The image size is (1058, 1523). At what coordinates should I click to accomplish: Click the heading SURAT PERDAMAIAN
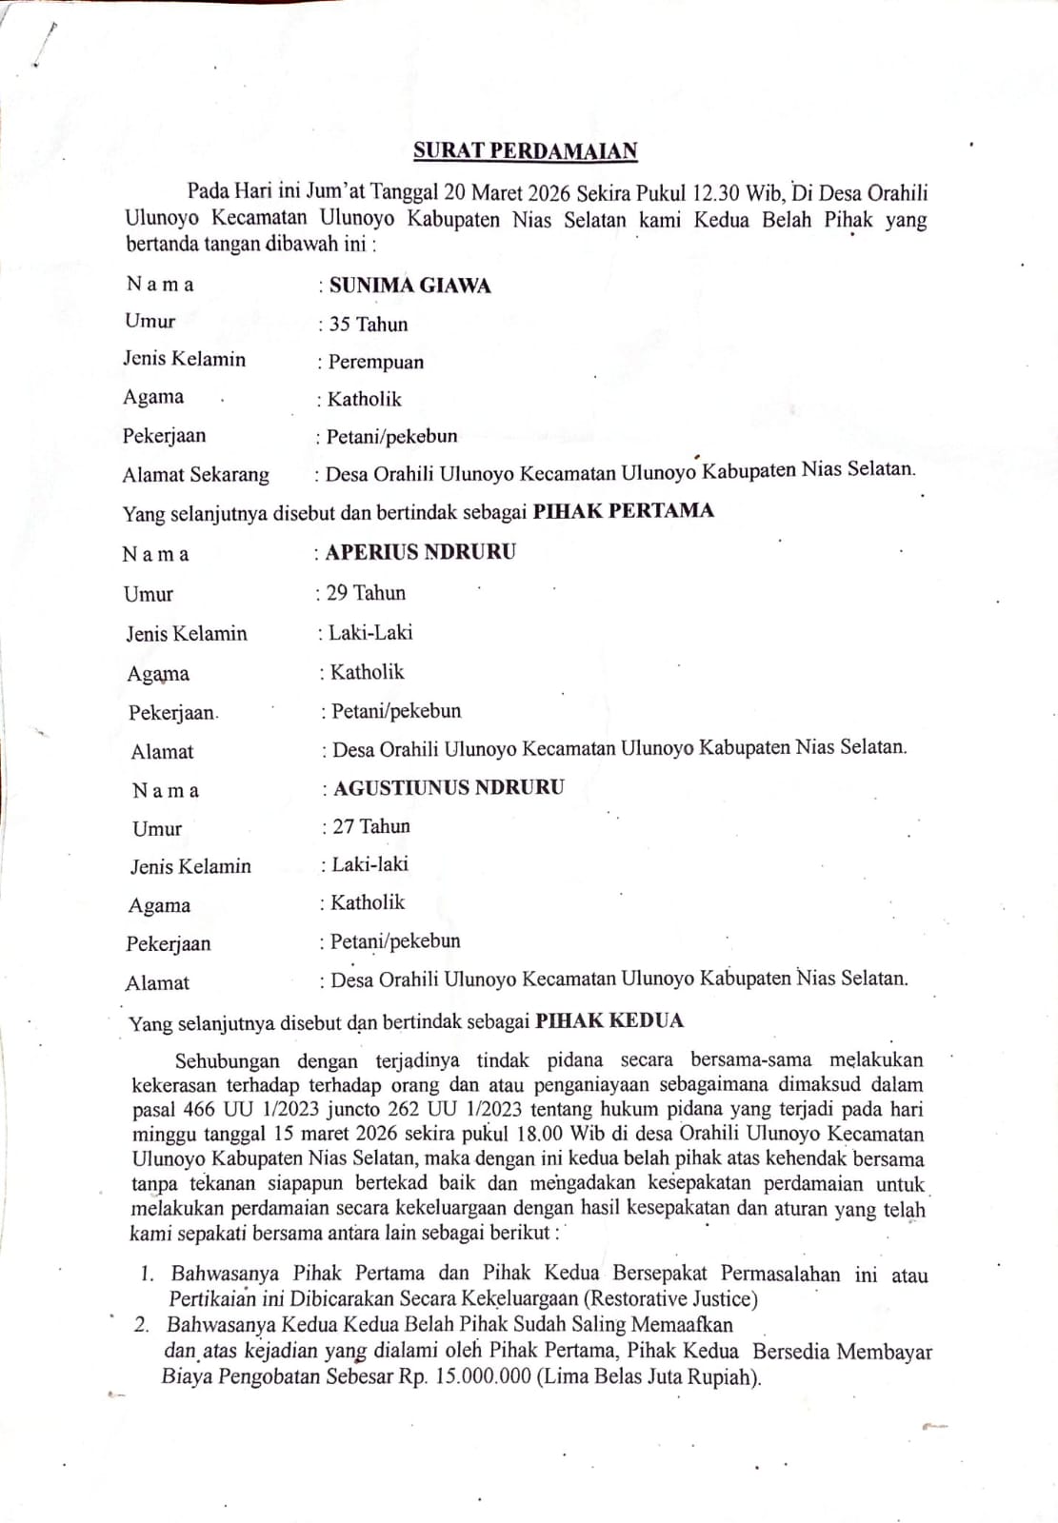(x=525, y=150)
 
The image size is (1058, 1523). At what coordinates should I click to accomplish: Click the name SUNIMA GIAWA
(x=409, y=286)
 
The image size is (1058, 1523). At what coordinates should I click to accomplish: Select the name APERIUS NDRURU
(x=420, y=552)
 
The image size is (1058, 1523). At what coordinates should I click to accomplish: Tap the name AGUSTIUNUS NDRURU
(x=449, y=787)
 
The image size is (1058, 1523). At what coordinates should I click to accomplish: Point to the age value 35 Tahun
(x=368, y=325)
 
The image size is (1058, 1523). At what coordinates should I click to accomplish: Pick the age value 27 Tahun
(x=370, y=826)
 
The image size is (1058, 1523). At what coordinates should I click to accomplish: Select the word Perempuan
(x=376, y=362)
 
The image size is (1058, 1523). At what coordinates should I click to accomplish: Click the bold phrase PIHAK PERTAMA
(x=623, y=510)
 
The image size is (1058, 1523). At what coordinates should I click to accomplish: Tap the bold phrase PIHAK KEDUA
(x=609, y=1021)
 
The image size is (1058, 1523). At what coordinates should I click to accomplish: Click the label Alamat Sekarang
(x=195, y=474)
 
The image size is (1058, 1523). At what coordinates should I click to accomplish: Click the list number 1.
(x=147, y=1274)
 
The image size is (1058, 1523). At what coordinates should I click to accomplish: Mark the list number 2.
(x=142, y=1324)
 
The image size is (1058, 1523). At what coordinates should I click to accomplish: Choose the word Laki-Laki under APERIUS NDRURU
(x=370, y=632)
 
